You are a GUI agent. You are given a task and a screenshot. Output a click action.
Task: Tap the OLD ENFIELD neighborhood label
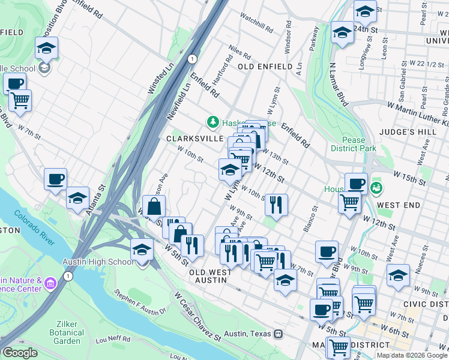265,67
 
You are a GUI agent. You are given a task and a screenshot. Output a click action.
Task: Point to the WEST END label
399,205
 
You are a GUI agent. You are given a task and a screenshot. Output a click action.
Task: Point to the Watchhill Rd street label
256,23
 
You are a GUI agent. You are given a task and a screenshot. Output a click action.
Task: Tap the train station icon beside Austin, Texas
278,334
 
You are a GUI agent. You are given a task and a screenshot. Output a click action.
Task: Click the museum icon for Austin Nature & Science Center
50,281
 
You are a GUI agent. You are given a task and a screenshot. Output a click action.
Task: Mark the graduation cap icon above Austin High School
142,249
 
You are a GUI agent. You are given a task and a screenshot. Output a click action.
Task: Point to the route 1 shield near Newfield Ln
191,58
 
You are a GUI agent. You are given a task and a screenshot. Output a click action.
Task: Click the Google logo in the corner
20,353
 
